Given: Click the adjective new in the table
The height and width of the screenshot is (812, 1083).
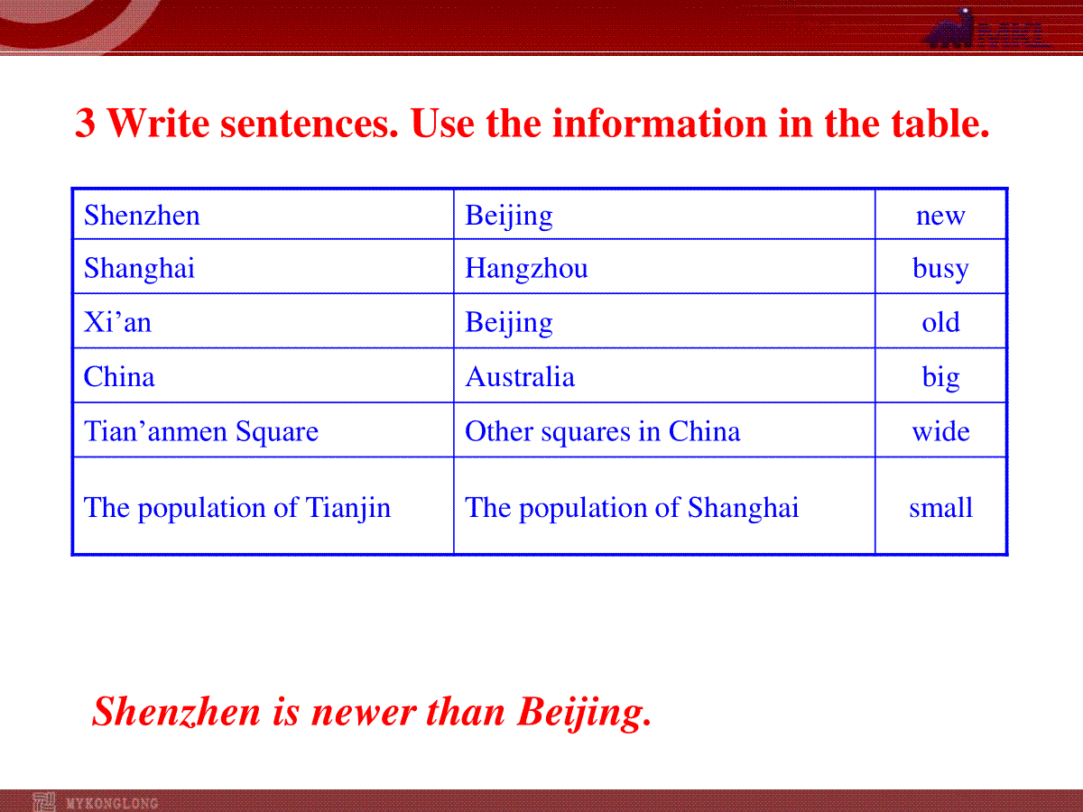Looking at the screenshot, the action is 940,217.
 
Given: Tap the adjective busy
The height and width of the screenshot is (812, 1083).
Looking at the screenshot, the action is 940,270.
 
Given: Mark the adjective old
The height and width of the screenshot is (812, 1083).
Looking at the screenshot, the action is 940,322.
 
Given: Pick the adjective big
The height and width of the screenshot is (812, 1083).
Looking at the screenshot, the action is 940,378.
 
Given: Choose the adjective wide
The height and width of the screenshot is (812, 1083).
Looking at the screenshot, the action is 940,432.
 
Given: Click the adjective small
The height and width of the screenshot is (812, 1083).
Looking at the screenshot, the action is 940,508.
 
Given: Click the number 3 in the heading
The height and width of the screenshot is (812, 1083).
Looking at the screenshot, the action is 85,123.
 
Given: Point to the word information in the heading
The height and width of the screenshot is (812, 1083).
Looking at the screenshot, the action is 660,123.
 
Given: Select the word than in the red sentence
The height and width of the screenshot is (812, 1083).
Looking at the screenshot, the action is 466,712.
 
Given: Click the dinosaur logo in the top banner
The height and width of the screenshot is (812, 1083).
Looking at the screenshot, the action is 949,29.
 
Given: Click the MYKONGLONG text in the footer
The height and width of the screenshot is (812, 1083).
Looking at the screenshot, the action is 113,803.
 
